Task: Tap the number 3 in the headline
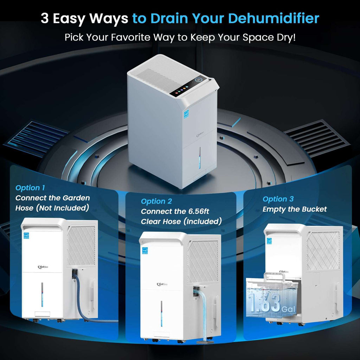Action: point(45,19)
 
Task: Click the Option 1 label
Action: point(30,188)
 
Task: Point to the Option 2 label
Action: point(156,201)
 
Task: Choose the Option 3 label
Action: point(278,199)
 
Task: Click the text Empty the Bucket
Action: point(295,209)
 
